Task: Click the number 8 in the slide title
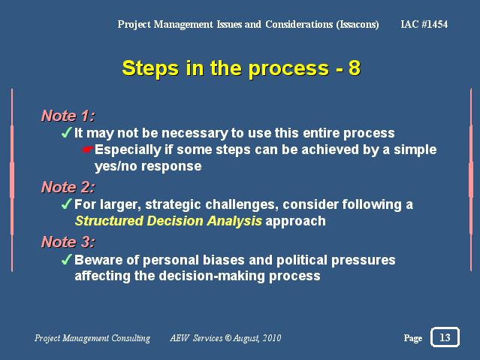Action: (355, 68)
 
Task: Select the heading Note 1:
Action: (68, 116)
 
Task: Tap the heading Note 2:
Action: (68, 187)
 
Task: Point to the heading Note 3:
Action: (68, 242)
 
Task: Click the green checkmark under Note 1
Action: (66, 132)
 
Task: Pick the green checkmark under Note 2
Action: (66, 204)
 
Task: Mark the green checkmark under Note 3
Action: (66, 259)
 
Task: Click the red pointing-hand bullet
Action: (88, 150)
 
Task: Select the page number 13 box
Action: (445, 337)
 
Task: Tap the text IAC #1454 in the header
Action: (424, 24)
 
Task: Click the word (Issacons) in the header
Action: (358, 25)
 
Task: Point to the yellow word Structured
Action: (109, 221)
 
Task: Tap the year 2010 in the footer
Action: (272, 338)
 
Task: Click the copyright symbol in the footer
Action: (228, 337)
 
